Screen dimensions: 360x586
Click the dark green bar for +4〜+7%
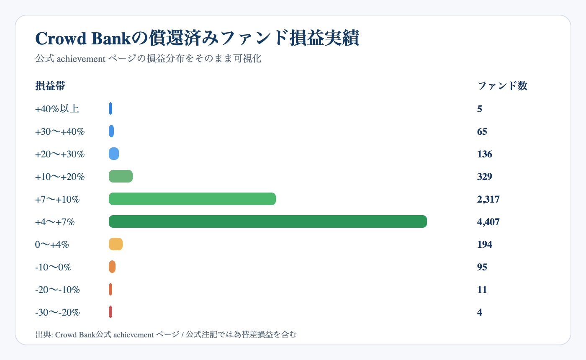pyautogui.click(x=267, y=221)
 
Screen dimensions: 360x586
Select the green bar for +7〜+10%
pyautogui.click(x=192, y=199)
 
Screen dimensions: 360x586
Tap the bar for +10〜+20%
pyautogui.click(x=121, y=176)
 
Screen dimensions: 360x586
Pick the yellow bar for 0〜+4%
pyautogui.click(x=116, y=244)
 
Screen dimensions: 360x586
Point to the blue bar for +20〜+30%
pyautogui.click(x=114, y=154)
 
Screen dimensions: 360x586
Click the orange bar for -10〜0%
pyautogui.click(x=112, y=267)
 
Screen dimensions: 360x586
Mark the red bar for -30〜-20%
pyautogui.click(x=111, y=312)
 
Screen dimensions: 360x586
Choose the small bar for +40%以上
pyautogui.click(x=111, y=108)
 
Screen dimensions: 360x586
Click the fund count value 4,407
pyautogui.click(x=488, y=222)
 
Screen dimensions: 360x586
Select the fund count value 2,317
pyautogui.click(x=488, y=199)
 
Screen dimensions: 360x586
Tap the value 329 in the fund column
pyautogui.click(x=484, y=177)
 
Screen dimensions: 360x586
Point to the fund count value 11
pyautogui.click(x=482, y=290)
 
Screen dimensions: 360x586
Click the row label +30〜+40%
pyautogui.click(x=60, y=131)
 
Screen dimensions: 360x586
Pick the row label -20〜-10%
pyautogui.click(x=57, y=290)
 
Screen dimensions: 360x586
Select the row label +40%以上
pyautogui.click(x=57, y=109)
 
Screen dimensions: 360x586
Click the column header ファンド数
pyautogui.click(x=502, y=86)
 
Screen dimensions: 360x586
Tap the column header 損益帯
pyautogui.click(x=50, y=86)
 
